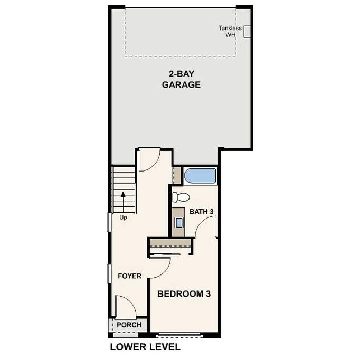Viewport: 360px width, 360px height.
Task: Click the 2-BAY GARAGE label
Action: coord(181,79)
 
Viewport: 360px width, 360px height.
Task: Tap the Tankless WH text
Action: coord(230,32)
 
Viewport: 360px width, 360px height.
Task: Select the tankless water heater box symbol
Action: coord(247,32)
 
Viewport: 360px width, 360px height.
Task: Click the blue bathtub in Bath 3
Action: coord(200,176)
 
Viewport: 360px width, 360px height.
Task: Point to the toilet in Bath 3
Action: coord(181,197)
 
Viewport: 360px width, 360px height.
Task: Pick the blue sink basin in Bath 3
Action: coord(179,222)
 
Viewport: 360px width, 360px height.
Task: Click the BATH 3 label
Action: coord(201,212)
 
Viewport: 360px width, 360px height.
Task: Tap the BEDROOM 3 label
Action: coord(184,293)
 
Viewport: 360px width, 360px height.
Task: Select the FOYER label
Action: coord(129,276)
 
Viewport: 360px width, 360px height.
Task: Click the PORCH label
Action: coord(129,325)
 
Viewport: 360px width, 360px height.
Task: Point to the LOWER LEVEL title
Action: coord(145,347)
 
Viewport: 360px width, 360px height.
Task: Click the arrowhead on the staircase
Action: coord(124,194)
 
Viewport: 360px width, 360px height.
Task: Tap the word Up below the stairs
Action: coord(124,217)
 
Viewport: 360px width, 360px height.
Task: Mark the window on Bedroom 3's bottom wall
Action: coord(179,335)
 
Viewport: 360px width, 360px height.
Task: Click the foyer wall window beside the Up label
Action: coord(109,222)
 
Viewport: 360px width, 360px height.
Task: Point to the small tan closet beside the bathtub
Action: coord(177,176)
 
